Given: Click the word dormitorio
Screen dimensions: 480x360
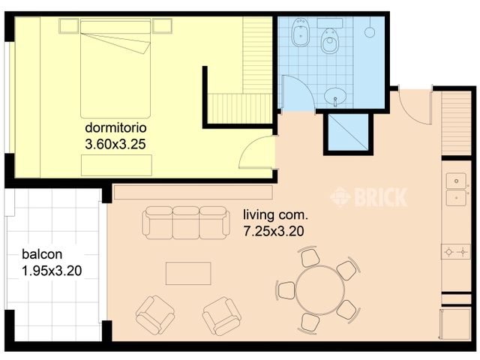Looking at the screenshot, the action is (x=115, y=127).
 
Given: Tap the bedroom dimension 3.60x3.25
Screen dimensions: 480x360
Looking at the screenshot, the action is (x=115, y=144).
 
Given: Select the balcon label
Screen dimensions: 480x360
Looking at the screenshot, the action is (x=42, y=254).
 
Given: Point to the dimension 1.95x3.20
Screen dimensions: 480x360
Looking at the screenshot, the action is (x=52, y=271).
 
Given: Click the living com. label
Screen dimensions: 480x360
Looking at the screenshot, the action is (x=275, y=215).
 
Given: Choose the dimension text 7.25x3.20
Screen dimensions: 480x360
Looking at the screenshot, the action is (x=274, y=231).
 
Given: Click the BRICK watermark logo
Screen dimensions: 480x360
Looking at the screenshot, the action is (x=369, y=196).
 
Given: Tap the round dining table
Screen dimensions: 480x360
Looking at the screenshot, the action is (x=320, y=290).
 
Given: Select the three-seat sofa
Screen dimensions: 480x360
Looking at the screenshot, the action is (x=186, y=223).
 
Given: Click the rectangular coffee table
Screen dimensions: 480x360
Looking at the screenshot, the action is (x=188, y=273).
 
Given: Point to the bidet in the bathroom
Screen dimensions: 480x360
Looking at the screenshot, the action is (x=301, y=32).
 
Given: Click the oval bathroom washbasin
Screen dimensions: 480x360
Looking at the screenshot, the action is (x=335, y=96).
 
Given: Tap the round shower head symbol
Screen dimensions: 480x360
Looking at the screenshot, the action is (x=370, y=32).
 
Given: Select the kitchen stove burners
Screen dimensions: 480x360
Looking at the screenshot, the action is (x=456, y=252).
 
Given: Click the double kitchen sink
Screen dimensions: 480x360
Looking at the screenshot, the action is (x=456, y=189).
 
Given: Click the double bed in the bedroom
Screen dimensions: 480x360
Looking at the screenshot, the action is (x=115, y=68).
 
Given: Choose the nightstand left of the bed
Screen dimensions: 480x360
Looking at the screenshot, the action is (x=69, y=26).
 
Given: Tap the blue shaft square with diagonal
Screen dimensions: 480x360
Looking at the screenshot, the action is (x=348, y=133).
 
